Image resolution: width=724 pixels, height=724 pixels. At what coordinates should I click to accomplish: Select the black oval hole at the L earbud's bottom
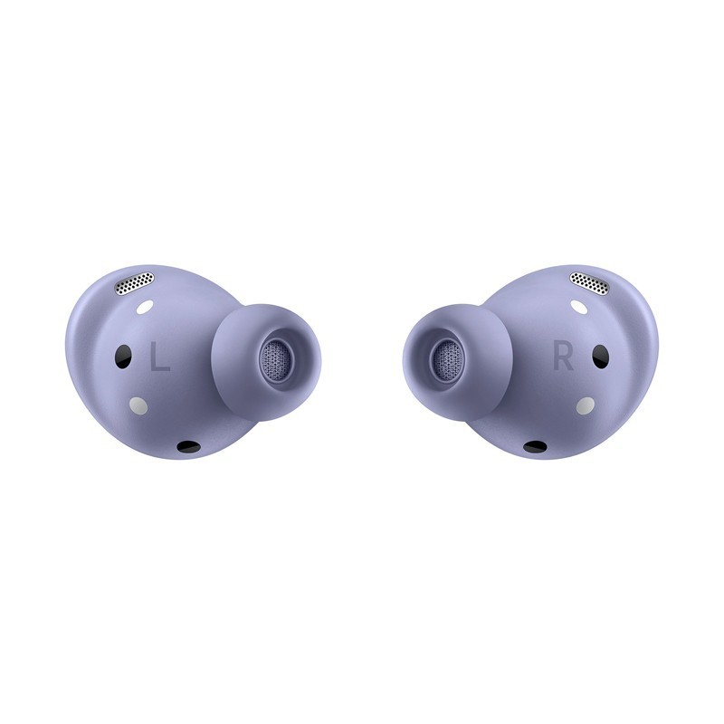click(x=189, y=445)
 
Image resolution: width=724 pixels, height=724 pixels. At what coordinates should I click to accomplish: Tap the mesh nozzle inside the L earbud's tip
click(x=276, y=353)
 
